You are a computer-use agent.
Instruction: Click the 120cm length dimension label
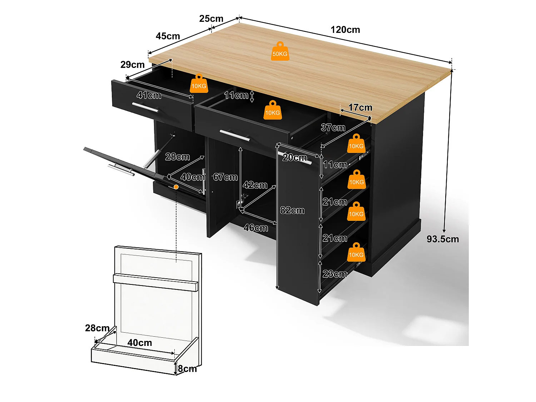tap(345, 30)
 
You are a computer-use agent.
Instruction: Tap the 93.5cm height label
tap(442, 239)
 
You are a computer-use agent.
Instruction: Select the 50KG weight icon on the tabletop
tap(280, 51)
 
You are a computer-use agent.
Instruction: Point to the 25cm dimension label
tap(211, 19)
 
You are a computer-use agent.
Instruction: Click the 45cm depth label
tap(168, 36)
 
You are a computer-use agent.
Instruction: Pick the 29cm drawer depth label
tap(132, 65)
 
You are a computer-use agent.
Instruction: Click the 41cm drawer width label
tap(149, 95)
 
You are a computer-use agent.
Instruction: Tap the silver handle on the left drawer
tap(145, 108)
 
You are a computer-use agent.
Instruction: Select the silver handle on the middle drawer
tap(235, 135)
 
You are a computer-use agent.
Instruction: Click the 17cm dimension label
tap(360, 108)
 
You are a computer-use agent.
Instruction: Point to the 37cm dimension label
tap(333, 128)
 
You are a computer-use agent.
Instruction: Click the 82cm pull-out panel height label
tap(292, 210)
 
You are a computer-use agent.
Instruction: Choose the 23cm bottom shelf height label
tap(334, 274)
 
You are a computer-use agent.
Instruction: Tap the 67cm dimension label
tap(225, 177)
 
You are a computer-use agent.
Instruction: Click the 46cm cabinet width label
tap(255, 228)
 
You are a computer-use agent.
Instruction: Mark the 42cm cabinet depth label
tap(255, 185)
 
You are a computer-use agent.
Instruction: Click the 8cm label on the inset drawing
tap(187, 369)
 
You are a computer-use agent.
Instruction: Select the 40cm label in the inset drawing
tap(139, 343)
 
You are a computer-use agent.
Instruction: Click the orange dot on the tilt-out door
tap(176, 187)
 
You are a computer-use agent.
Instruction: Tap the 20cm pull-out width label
tap(294, 158)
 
